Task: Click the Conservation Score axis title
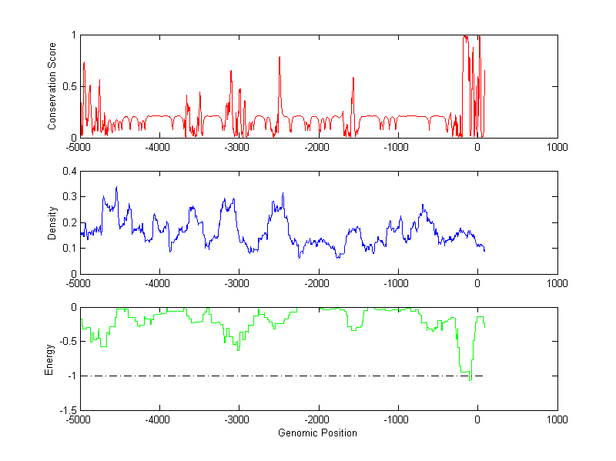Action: coord(52,86)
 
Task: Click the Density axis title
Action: coord(52,222)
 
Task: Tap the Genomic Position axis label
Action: coord(317,433)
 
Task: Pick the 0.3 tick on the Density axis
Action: coord(70,197)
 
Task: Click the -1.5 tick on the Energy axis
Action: coord(67,411)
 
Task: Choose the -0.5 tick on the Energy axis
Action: coord(67,342)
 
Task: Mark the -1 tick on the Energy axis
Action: coord(72,376)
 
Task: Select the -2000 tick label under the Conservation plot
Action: coord(317,146)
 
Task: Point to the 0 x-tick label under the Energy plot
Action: coord(477,419)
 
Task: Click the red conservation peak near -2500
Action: coord(280,57)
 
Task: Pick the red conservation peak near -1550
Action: coord(353,78)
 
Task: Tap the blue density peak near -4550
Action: coord(116,187)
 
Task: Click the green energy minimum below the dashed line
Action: coord(470,379)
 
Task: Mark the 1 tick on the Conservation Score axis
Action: coord(73,35)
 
